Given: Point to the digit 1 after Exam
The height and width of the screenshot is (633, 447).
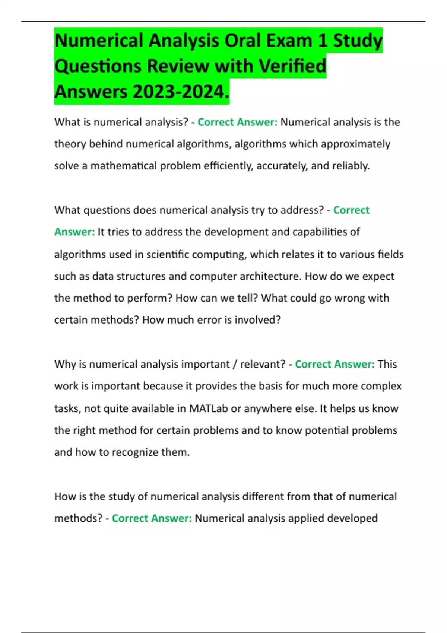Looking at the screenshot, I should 322,41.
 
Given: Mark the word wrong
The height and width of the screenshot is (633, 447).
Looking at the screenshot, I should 350,298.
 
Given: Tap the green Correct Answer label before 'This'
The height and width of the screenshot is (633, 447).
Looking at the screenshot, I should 335,364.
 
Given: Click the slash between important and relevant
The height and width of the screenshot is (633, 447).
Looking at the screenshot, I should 235,364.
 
